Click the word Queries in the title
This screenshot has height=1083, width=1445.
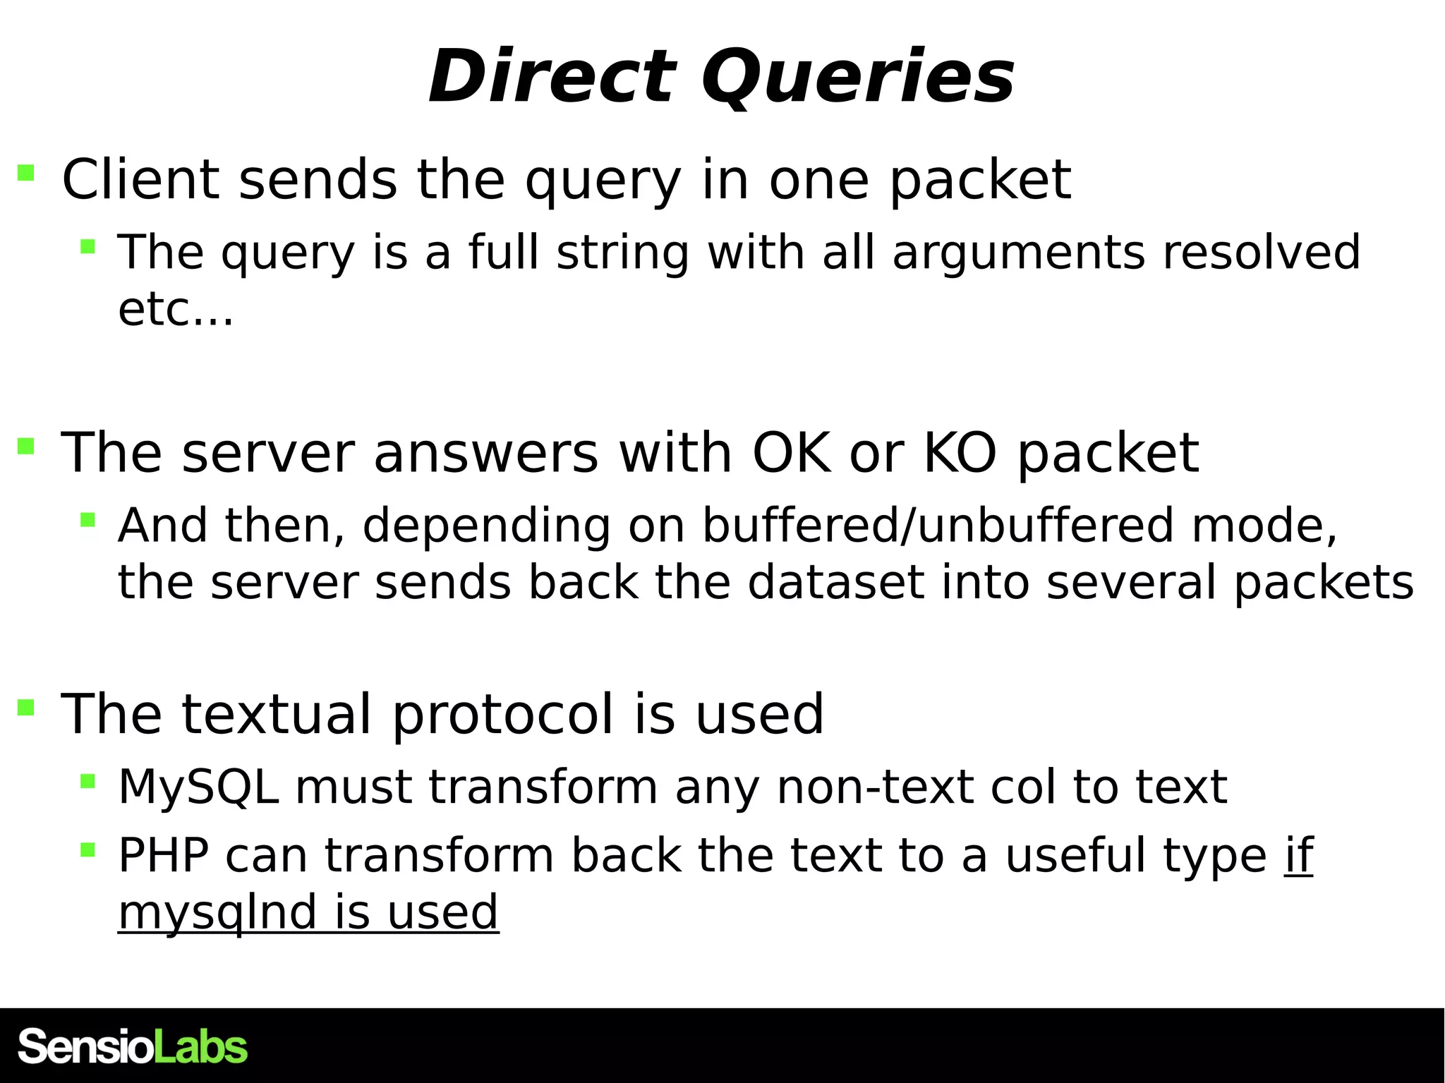(x=857, y=78)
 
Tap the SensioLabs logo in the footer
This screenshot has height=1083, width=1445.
(x=132, y=1047)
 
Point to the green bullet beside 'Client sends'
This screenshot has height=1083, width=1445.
(x=26, y=173)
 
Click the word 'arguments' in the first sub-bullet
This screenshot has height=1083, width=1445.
(x=1018, y=252)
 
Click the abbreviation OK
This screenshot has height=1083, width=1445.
(x=791, y=452)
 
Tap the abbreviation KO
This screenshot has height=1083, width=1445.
(x=960, y=452)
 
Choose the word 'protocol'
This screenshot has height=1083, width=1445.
(x=502, y=714)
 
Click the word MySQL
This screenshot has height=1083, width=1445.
(x=198, y=787)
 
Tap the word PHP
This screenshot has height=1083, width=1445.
(x=163, y=855)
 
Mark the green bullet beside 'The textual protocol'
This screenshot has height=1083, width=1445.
(x=26, y=708)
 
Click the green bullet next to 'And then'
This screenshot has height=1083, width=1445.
(x=87, y=521)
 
